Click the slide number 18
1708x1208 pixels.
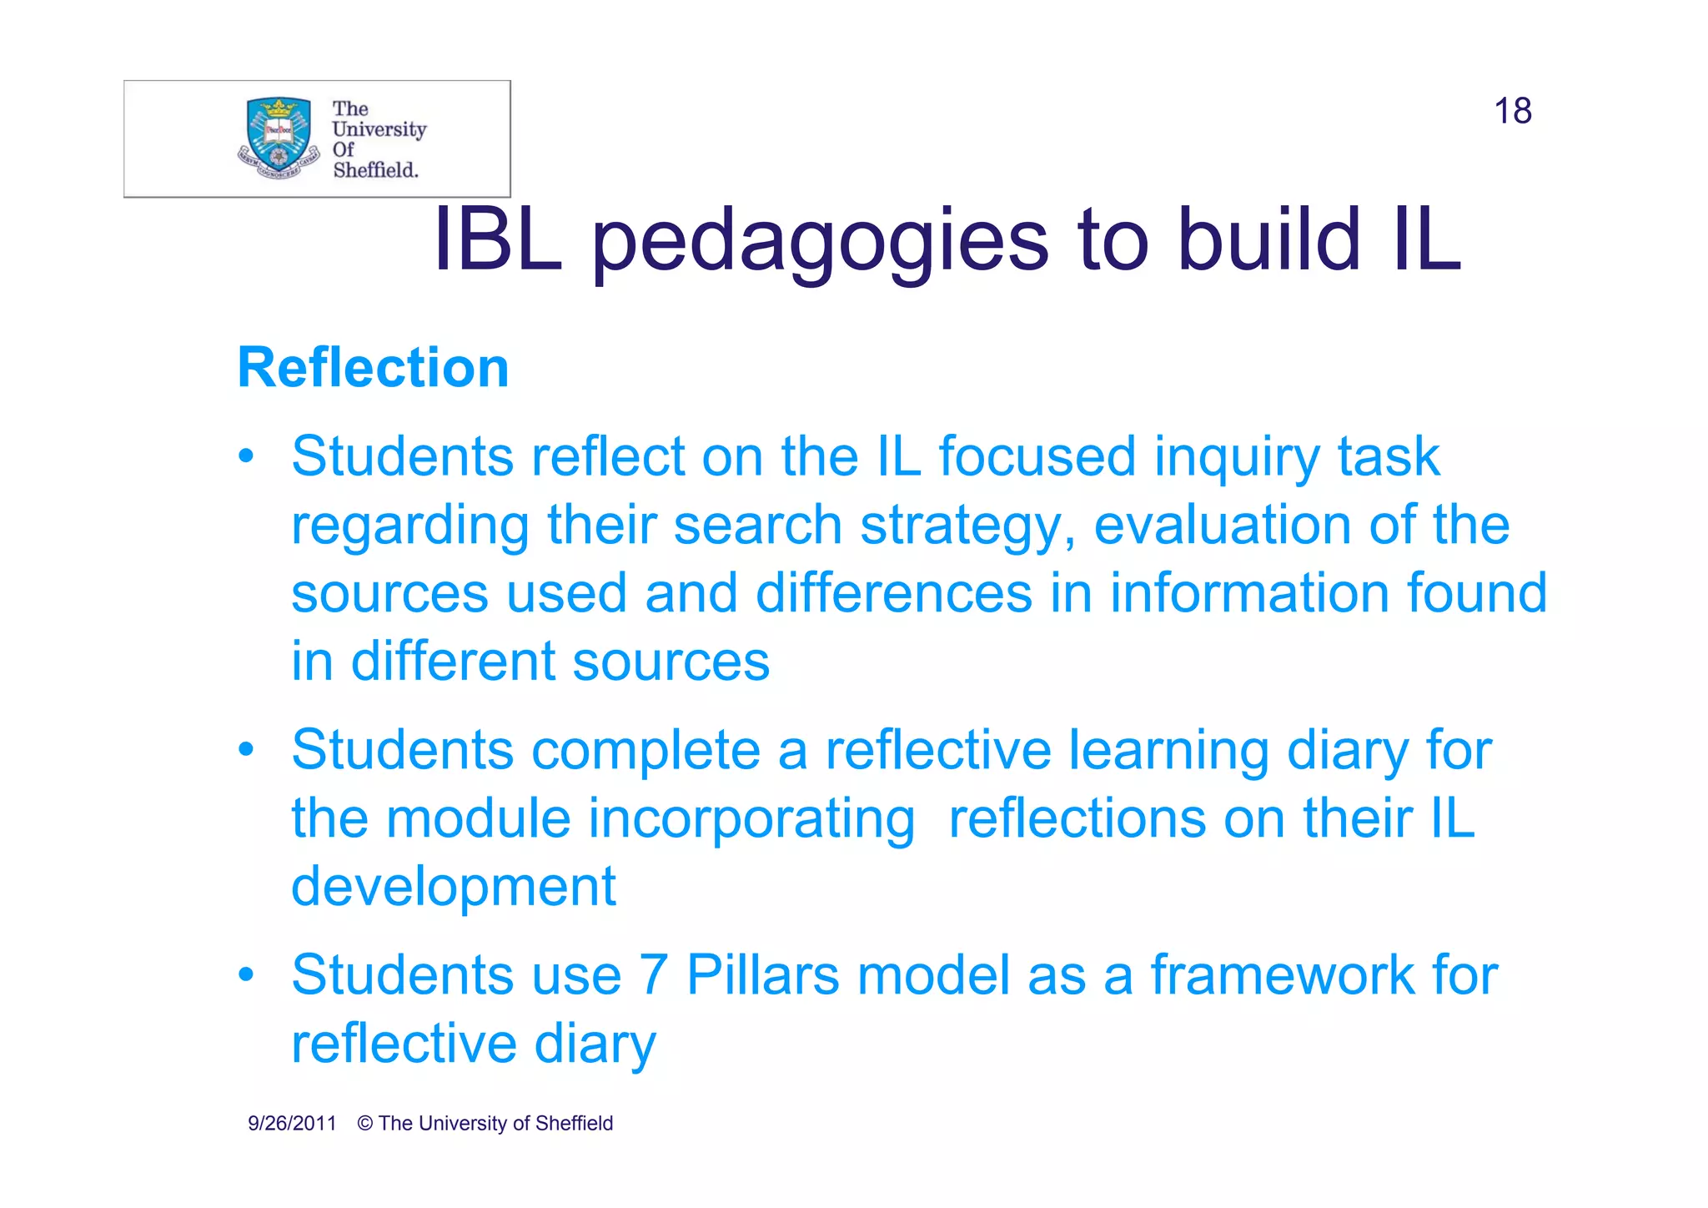1512,111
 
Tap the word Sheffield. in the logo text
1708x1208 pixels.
375,170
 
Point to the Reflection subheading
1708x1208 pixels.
373,368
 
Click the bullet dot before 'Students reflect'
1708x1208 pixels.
245,457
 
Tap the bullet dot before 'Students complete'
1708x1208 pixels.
245,749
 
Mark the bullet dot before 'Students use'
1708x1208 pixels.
245,974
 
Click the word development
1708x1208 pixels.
453,887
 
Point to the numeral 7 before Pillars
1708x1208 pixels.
654,974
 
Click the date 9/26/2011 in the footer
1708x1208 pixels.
292,1124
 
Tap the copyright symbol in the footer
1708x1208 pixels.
364,1124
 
